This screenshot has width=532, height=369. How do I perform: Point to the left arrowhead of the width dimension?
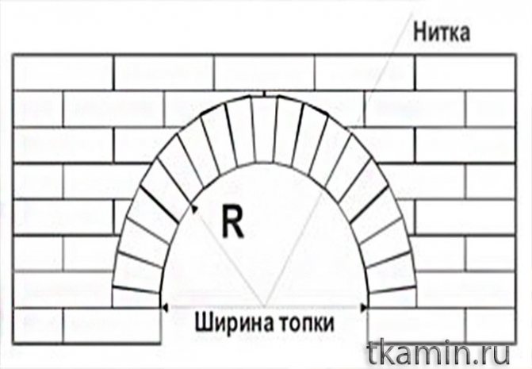coord(164,305)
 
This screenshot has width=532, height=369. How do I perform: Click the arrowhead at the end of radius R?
coord(193,209)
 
